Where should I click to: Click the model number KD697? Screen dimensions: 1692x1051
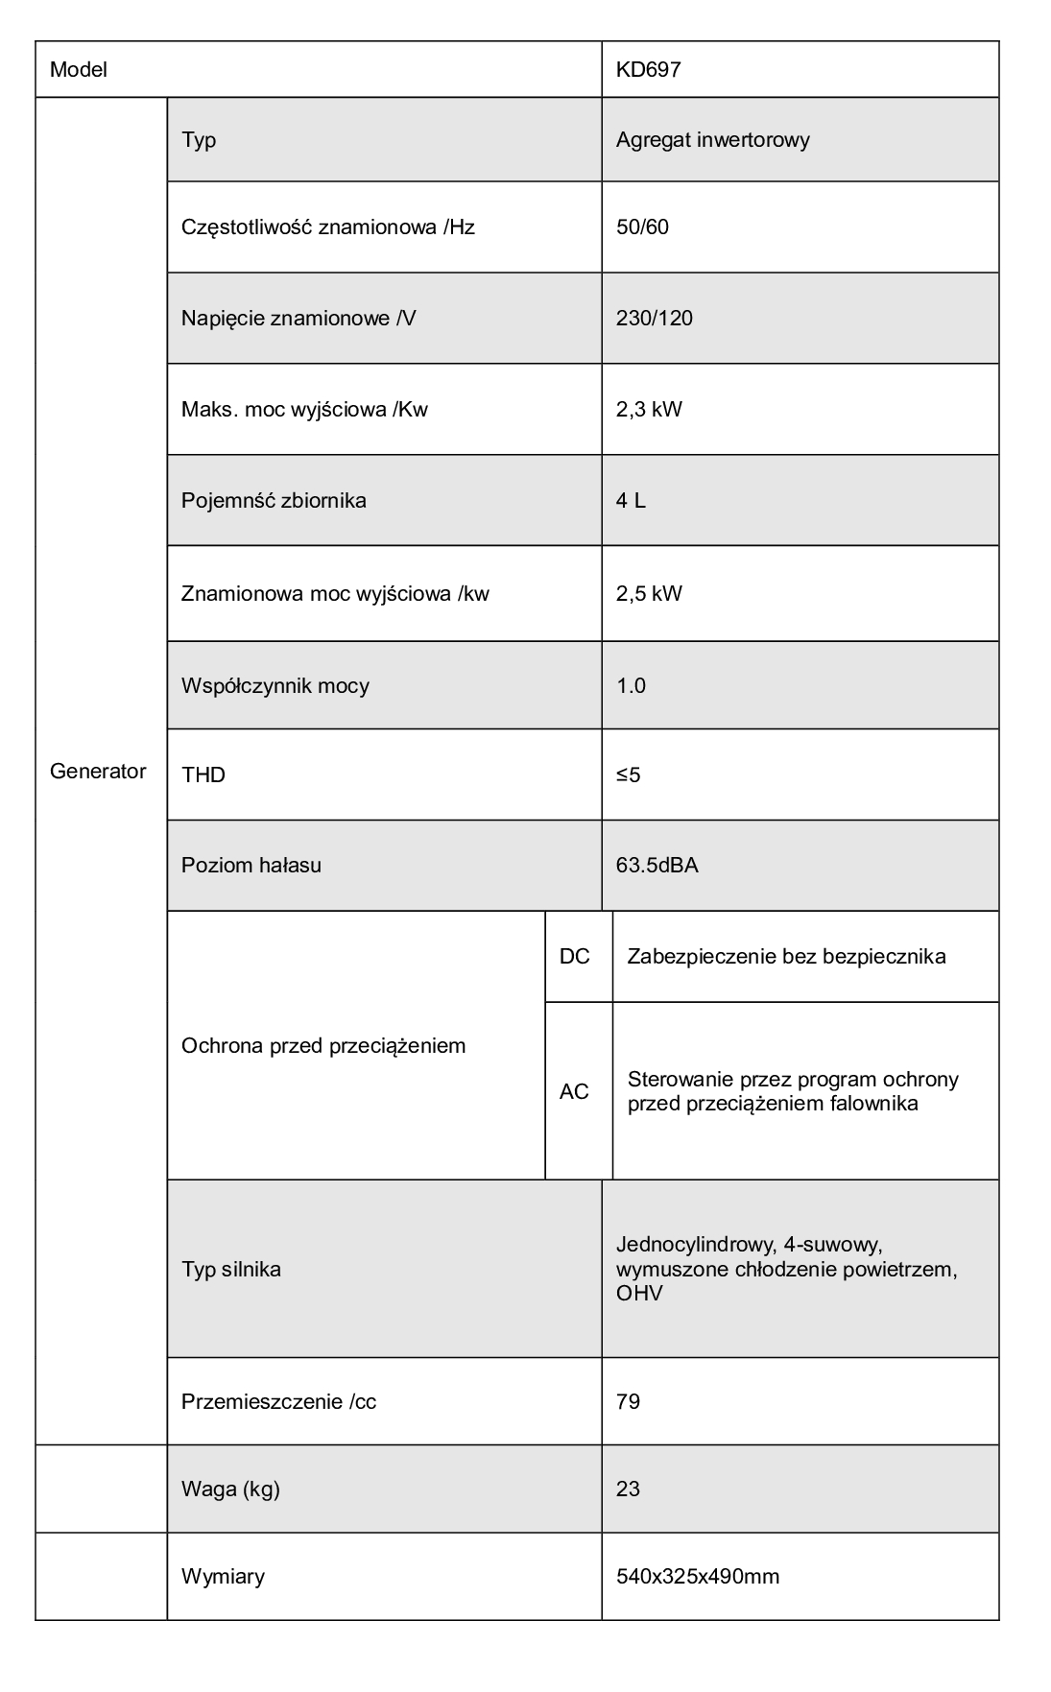[648, 70]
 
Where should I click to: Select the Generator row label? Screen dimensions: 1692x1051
[98, 772]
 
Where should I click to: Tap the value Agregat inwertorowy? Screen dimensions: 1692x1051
[712, 140]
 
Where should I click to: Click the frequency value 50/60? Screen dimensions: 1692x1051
[642, 227]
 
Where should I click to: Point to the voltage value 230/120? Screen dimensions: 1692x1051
[654, 319]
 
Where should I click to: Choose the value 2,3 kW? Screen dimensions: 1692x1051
[649, 410]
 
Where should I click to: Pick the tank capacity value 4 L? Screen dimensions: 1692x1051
[631, 501]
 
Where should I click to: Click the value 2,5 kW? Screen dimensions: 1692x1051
[649, 593]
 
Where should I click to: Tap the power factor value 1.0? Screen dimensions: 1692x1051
[631, 685]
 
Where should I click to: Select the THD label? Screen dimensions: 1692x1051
[203, 775]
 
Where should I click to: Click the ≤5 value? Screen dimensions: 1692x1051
[628, 775]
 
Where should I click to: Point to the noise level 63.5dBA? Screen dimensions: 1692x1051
[657, 866]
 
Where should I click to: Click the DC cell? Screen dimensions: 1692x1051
[574, 957]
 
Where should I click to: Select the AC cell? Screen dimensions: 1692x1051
[574, 1092]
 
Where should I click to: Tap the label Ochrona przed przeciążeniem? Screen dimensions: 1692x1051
[323, 1046]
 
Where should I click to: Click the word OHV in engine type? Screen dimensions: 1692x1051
[639, 1294]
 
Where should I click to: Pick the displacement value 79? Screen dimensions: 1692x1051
[628, 1402]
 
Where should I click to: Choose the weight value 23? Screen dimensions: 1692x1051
[628, 1489]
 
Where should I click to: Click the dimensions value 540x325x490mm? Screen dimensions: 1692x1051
[697, 1577]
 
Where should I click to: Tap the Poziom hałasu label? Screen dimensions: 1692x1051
[251, 866]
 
